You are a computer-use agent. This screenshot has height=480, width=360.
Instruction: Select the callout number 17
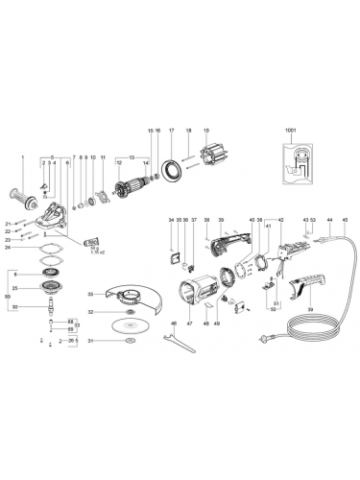tap(171, 129)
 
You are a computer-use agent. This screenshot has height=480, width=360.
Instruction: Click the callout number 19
tap(204, 129)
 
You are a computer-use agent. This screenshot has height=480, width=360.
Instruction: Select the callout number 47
tap(190, 325)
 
